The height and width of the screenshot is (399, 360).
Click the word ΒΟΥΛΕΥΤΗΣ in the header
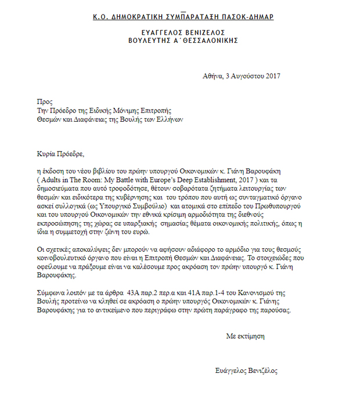point(149,41)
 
